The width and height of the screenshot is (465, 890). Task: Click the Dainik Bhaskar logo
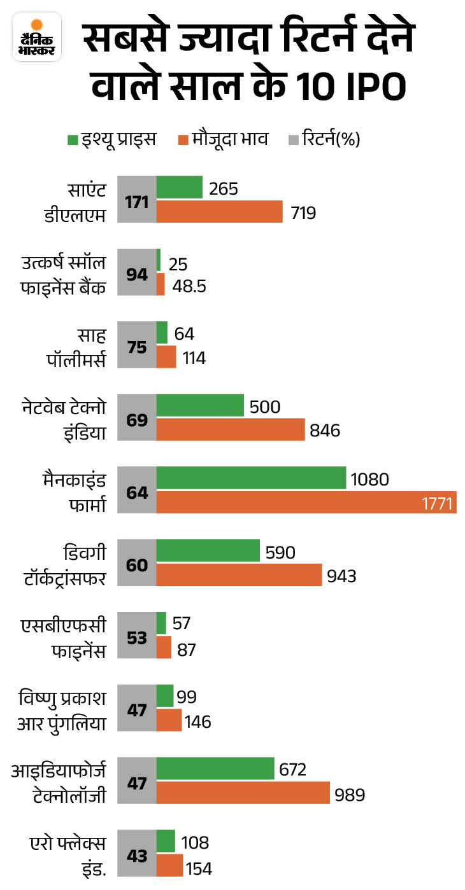36,37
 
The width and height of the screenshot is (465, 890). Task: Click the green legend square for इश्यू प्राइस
73,139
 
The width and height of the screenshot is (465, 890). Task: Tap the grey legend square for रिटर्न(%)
292,139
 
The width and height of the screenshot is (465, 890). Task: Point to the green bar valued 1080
251,478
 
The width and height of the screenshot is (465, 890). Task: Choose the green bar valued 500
200,406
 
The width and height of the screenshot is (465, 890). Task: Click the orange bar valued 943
239,576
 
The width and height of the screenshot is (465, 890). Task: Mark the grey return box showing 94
137,275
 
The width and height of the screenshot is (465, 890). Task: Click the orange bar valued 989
243,793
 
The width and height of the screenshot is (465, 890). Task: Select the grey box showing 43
137,854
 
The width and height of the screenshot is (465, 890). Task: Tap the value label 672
293,770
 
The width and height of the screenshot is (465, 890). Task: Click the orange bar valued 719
219,212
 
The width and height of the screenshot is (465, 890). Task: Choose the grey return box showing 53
137,637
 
